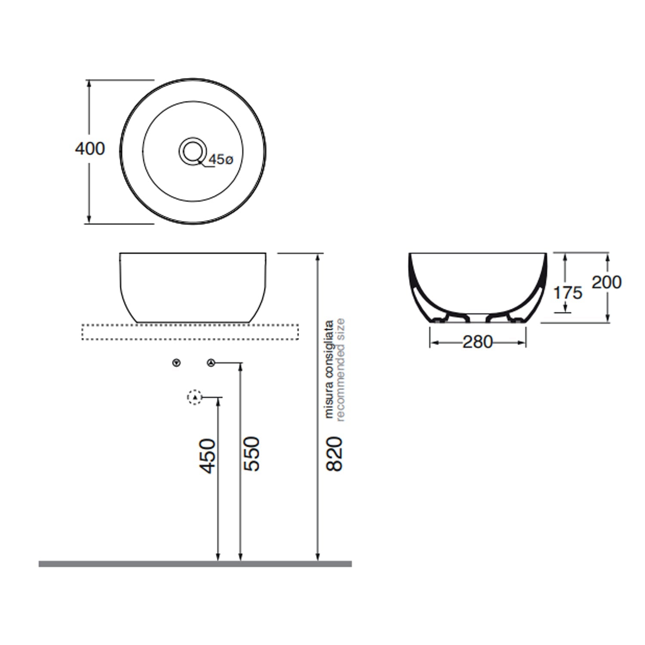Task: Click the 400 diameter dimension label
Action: [x=90, y=149]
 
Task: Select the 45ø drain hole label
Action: [x=221, y=160]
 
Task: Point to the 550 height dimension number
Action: [x=252, y=454]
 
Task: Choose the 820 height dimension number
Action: [x=335, y=454]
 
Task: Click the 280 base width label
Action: [x=477, y=342]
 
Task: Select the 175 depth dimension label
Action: [x=568, y=293]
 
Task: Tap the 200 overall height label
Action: [x=606, y=283]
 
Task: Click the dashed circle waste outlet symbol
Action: [x=195, y=397]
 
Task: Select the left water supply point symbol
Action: [x=176, y=363]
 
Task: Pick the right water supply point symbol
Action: [x=210, y=363]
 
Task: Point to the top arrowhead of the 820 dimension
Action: [x=318, y=257]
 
